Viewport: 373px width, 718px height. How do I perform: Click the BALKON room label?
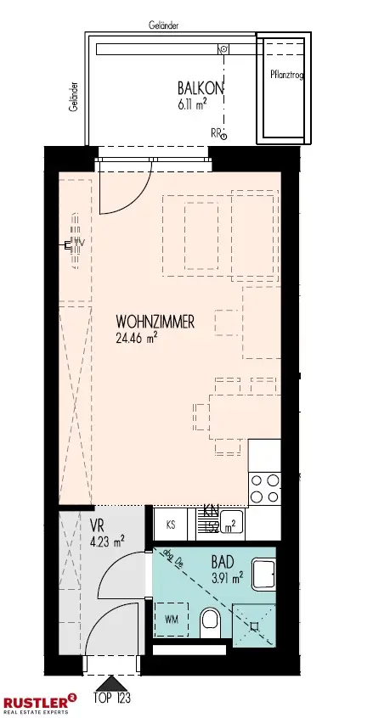click(x=200, y=87)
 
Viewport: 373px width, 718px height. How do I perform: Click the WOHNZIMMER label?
click(x=155, y=322)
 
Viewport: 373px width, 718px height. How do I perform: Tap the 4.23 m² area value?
click(x=107, y=538)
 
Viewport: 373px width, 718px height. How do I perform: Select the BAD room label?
click(x=223, y=560)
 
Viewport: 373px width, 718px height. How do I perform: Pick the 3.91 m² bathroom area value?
click(x=227, y=575)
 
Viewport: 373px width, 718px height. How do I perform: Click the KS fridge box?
click(x=171, y=524)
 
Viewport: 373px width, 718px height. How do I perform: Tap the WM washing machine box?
click(x=171, y=617)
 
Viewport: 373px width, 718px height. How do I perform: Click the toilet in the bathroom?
click(x=210, y=625)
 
